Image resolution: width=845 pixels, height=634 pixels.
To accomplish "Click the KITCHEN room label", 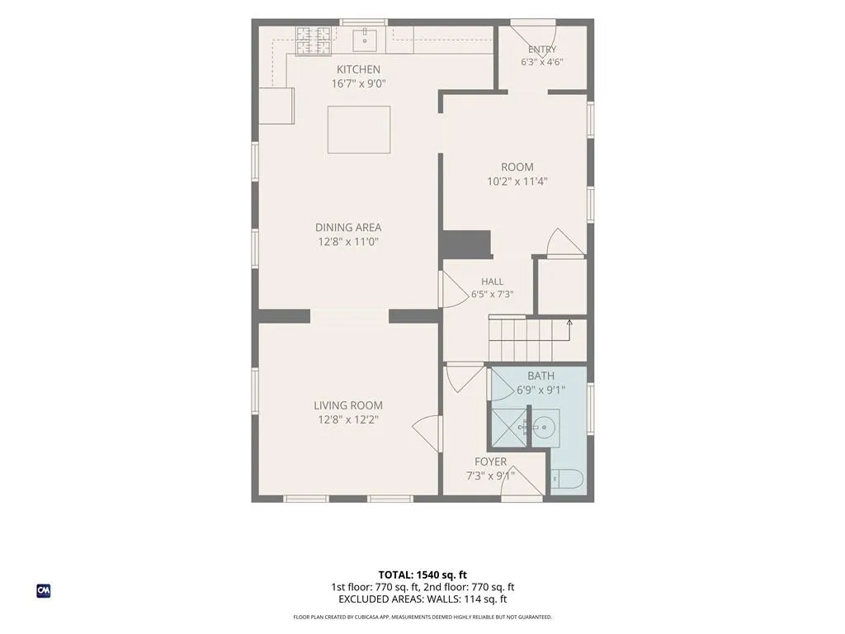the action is (358, 69).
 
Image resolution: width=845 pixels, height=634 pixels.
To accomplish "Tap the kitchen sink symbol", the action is (365, 39).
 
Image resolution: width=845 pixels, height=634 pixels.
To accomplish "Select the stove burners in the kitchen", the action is (313, 40).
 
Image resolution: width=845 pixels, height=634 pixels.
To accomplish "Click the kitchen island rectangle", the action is (359, 130).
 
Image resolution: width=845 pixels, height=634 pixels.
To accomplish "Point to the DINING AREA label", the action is (348, 228).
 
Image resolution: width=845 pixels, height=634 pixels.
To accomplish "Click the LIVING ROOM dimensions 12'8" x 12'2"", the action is (348, 419).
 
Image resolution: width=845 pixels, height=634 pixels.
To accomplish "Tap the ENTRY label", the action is (542, 50).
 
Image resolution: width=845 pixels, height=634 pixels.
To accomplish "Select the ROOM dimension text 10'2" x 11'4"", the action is (517, 181).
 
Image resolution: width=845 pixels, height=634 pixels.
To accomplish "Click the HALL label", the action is (492, 282).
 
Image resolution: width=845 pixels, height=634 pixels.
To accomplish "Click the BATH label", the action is (541, 376).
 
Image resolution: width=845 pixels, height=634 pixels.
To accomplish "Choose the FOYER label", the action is (490, 461).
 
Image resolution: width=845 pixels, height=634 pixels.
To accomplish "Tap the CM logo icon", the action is (44, 591).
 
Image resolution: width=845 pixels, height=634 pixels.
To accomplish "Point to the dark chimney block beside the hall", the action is (465, 244).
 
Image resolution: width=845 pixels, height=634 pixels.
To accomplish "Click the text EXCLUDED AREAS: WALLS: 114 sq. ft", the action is (422, 599).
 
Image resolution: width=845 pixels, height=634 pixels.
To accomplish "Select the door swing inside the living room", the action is (426, 432).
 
